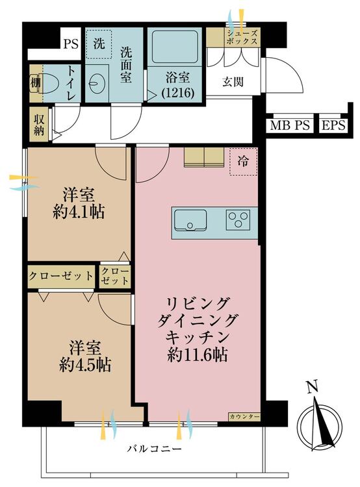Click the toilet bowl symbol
pyautogui.click(x=48, y=83)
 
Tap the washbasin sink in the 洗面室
pyautogui.click(x=96, y=84)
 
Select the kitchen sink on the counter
pyautogui.click(x=190, y=220)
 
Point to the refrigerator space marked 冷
pyautogui.click(x=243, y=162)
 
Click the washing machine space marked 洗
pyautogui.click(x=99, y=44)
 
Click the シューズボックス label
pyautogui.click(x=242, y=37)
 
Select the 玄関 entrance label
pyautogui.click(x=233, y=82)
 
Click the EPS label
pyautogui.click(x=333, y=125)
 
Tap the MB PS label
pyautogui.click(x=290, y=125)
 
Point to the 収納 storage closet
pyautogui.click(x=39, y=124)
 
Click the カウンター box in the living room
pyautogui.click(x=244, y=417)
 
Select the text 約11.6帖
pyautogui.click(x=197, y=355)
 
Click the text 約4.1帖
pyautogui.click(x=79, y=212)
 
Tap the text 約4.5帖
pyautogui.click(x=85, y=365)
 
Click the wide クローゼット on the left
pyautogui.click(x=61, y=276)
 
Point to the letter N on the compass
pyautogui.click(x=313, y=387)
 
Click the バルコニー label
pyautogui.click(x=154, y=449)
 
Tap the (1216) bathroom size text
pyautogui.click(x=178, y=93)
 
